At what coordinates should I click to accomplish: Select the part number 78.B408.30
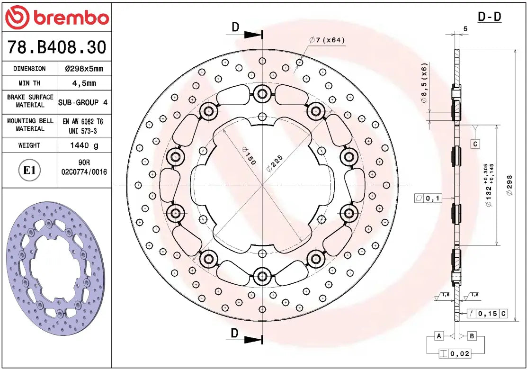57,47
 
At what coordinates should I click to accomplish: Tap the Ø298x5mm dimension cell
84,69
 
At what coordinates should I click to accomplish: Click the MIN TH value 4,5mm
84,83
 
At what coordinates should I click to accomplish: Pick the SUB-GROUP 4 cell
84,102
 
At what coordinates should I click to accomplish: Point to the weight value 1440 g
84,145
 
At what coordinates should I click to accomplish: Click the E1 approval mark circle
29,170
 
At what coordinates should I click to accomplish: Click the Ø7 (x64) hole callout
327,40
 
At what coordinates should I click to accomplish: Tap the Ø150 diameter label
248,155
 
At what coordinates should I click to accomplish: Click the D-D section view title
489,17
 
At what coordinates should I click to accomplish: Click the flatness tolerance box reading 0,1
428,199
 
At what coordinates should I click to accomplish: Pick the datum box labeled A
439,336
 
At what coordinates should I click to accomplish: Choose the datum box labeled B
472,336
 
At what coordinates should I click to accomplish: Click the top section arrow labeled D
236,27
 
